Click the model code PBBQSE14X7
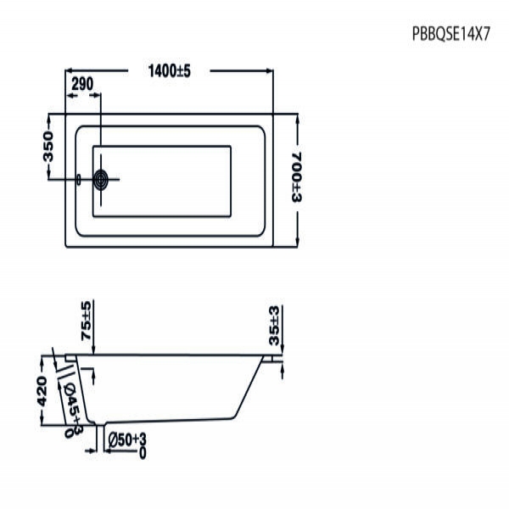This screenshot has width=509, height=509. tap(451, 36)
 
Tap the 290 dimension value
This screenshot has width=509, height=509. tap(82, 85)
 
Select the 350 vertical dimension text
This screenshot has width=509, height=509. tap(48, 146)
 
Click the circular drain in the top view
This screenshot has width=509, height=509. tap(102, 179)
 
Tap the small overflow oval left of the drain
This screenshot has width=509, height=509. tap(78, 179)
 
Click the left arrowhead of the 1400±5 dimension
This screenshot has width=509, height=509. tap(70, 71)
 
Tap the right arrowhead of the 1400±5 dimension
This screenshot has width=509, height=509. tap(269, 71)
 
